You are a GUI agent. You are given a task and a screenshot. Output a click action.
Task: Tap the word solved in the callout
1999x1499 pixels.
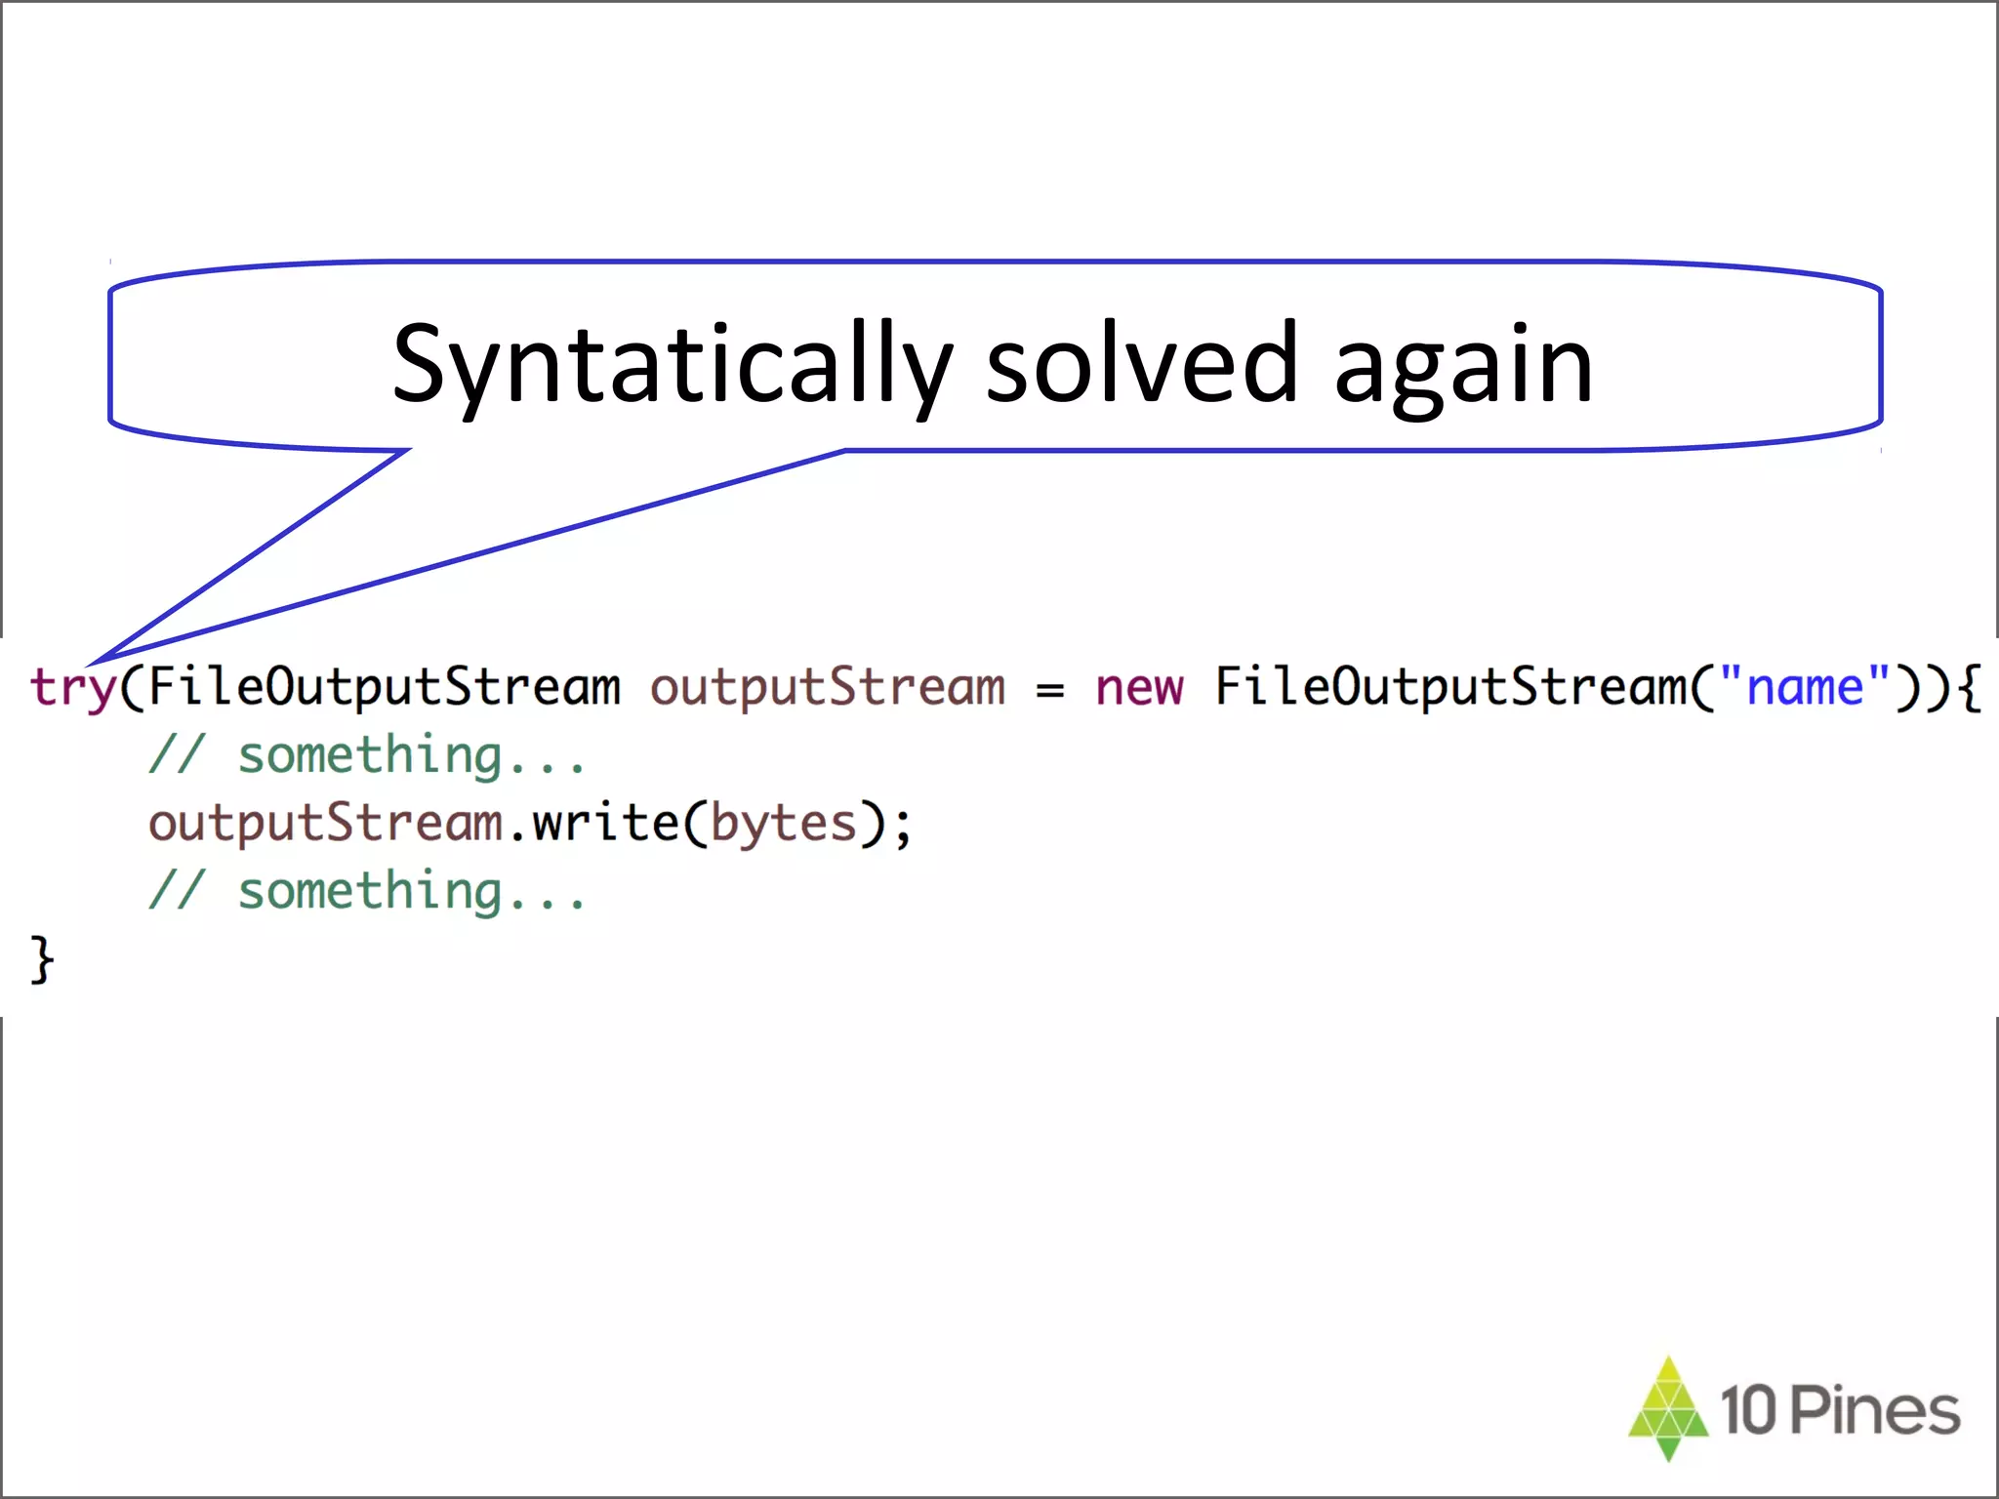tap(1141, 363)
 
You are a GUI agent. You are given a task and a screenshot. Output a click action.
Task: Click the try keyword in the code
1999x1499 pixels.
tap(72, 687)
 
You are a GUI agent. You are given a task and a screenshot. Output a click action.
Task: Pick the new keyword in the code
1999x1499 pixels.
tap(1138, 687)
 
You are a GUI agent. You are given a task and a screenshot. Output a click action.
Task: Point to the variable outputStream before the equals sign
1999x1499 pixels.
tap(827, 687)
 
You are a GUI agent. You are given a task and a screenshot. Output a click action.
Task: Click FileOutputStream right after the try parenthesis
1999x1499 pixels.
tap(384, 687)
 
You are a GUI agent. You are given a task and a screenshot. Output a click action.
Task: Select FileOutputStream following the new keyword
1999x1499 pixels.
tap(1449, 687)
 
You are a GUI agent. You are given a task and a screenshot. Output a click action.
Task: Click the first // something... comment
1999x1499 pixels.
tap(367, 755)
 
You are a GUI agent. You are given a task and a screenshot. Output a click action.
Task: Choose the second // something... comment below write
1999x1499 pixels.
tap(367, 891)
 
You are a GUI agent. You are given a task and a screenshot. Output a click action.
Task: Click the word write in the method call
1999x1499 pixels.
tap(605, 823)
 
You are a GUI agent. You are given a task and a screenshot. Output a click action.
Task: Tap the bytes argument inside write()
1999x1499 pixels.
tap(783, 824)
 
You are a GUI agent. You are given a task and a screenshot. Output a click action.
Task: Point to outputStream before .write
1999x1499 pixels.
tap(324, 824)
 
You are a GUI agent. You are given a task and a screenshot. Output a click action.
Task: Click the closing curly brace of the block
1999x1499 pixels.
tap(42, 960)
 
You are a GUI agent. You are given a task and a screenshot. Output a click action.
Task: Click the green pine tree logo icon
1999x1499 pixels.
tap(1668, 1408)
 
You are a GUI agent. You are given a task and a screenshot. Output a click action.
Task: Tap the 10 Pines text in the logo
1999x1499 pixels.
tap(1839, 1410)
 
